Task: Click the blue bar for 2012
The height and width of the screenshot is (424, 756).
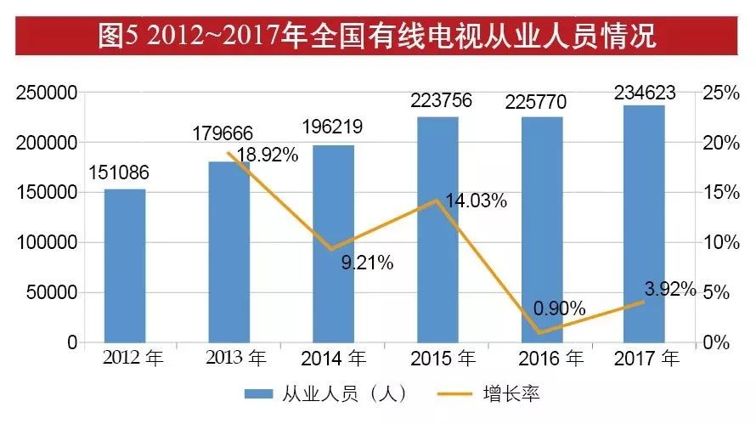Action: [125, 265]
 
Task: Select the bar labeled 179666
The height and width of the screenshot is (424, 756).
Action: [229, 252]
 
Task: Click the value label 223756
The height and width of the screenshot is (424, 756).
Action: [437, 101]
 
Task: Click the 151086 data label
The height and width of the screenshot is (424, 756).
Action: [124, 173]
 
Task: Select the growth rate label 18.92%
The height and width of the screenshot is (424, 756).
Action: [268, 155]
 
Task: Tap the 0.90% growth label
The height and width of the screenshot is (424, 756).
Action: [560, 308]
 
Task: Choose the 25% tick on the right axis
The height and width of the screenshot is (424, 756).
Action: [722, 93]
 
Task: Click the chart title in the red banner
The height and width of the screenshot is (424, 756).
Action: [377, 37]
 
